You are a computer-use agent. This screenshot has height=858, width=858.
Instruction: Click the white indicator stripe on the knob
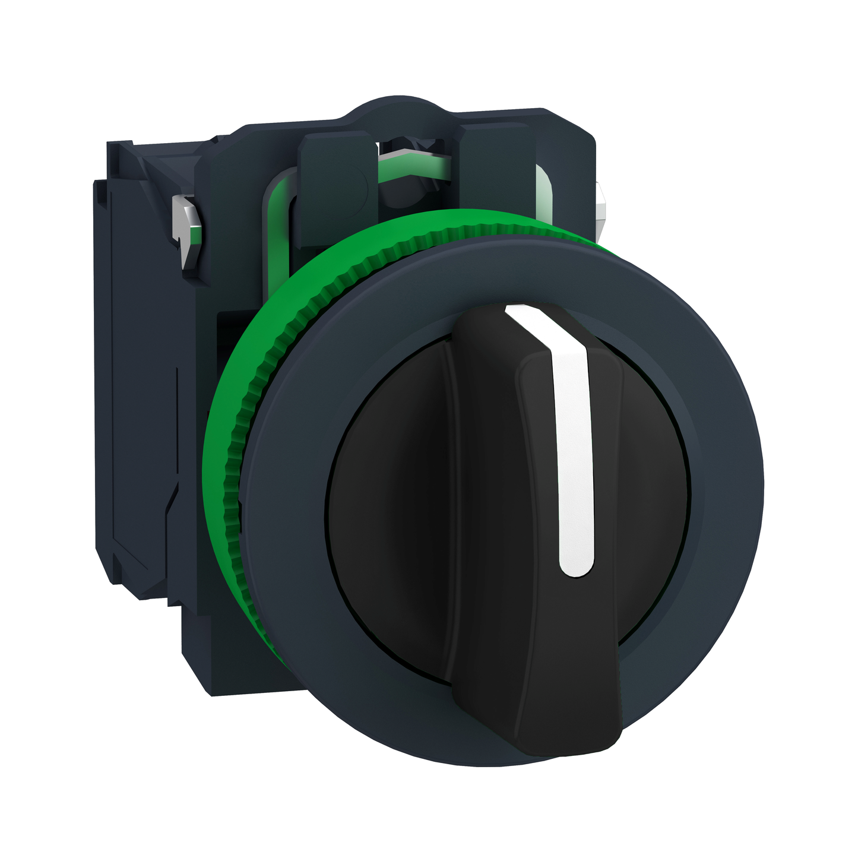[x=575, y=463]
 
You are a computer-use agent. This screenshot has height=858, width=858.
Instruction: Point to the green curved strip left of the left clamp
[x=279, y=202]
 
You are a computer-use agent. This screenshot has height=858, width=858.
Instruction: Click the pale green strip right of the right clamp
[x=543, y=190]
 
